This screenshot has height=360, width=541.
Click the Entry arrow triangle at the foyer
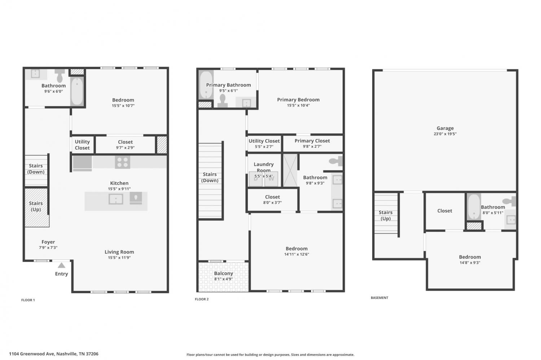pos(62,266)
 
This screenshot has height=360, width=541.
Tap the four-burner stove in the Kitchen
pos(123,162)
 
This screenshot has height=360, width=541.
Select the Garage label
pos(445,128)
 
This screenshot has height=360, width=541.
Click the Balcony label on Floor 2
pos(223,274)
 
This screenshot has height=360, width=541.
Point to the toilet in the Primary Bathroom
pos(223,101)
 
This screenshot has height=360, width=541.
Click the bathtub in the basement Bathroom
pos(474,206)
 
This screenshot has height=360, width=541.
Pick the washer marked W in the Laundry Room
pos(271,179)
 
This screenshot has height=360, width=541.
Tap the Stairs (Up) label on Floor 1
pos(36,206)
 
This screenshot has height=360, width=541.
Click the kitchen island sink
pos(116,199)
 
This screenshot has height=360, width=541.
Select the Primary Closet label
pos(312,141)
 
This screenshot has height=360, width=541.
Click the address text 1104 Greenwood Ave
pos(32,354)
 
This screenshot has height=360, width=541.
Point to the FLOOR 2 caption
pos(202,299)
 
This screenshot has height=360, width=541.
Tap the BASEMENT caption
pos(379,298)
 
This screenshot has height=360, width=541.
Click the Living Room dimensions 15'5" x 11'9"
pos(119,257)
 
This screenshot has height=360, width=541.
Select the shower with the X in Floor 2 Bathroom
pos(290,170)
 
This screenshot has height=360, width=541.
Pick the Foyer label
pos(48,242)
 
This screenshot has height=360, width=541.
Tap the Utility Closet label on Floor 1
pos(82,145)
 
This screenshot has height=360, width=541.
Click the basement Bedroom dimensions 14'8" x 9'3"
pos(470,262)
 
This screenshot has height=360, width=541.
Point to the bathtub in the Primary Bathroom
pos(206,84)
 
